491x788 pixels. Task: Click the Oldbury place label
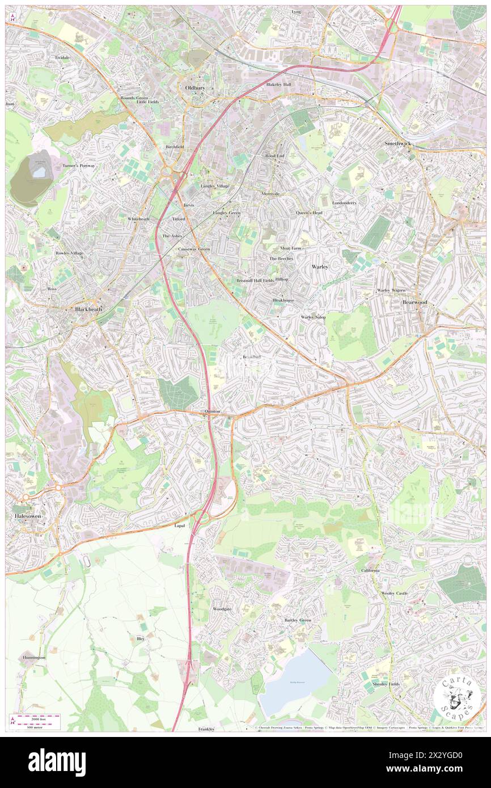tap(194, 88)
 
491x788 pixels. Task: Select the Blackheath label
tap(88, 310)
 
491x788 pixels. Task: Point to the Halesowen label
tap(26, 516)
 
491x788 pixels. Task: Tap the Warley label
tap(320, 266)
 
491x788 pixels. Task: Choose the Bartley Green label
tap(298, 620)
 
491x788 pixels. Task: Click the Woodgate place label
tap(222, 609)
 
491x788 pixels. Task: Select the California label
tap(370, 570)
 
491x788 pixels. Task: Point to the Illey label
tap(141, 638)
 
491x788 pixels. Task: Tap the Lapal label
tap(179, 526)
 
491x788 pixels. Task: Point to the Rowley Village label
tap(69, 253)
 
